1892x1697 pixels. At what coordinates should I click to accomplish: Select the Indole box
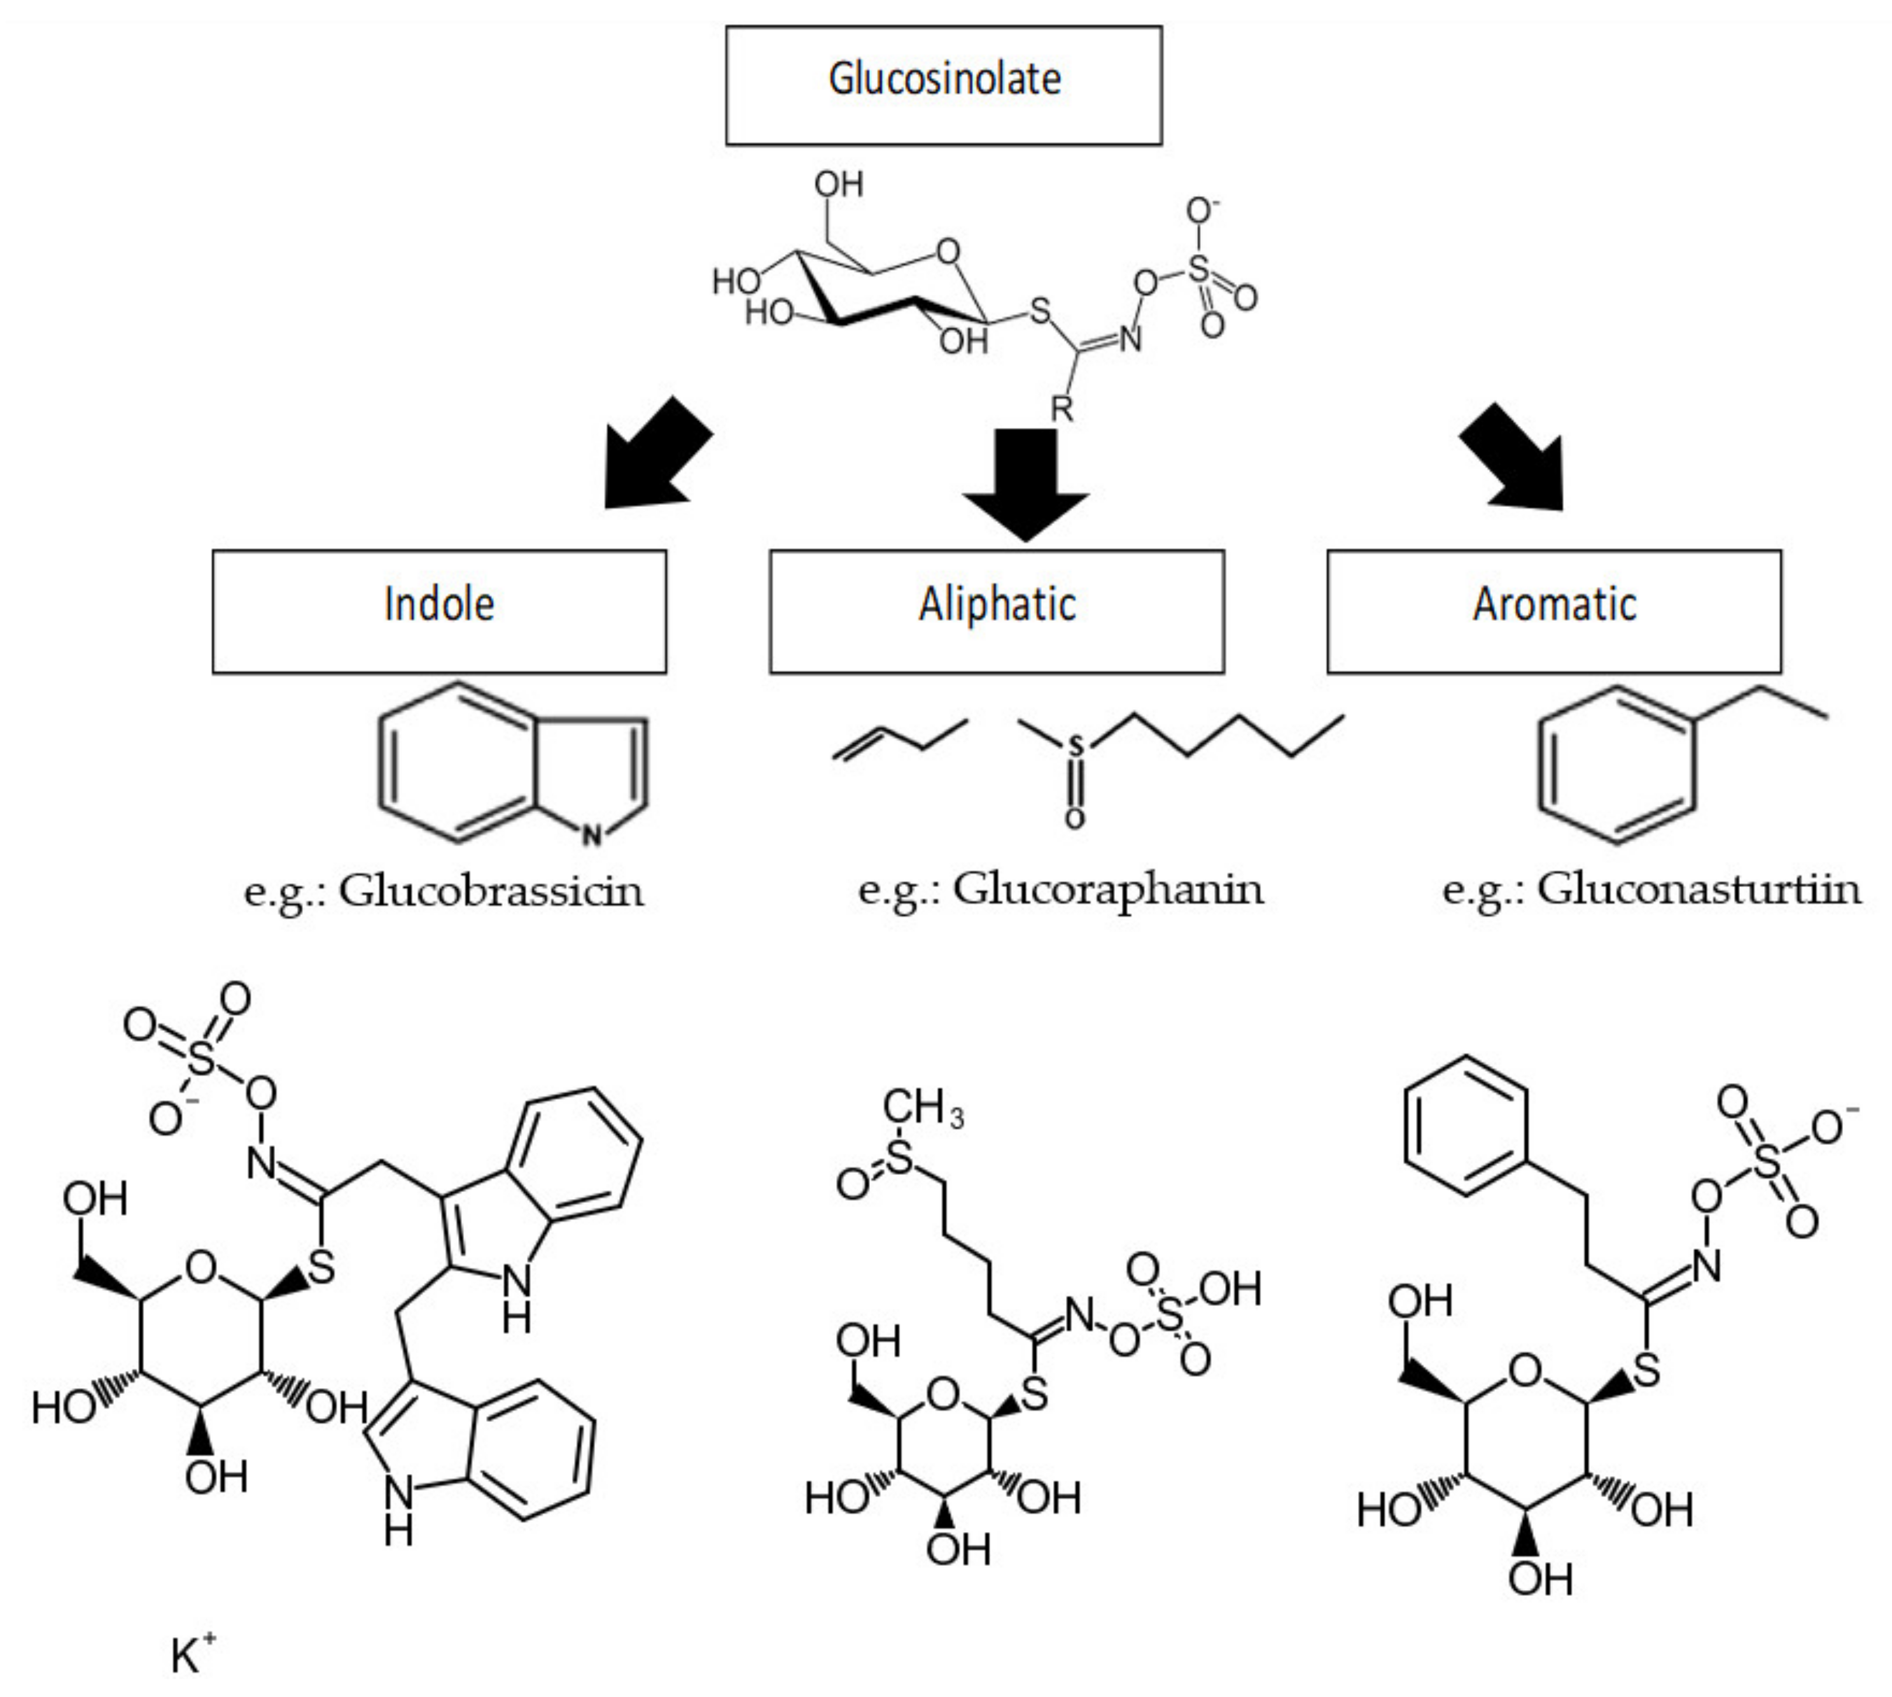click(439, 611)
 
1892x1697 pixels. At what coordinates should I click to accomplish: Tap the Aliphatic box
click(997, 611)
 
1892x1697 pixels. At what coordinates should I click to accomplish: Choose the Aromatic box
click(1553, 611)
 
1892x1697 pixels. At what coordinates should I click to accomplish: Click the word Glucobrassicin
click(491, 890)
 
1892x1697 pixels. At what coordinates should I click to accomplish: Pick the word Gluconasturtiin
click(1698, 888)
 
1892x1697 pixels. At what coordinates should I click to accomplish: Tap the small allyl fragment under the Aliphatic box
click(899, 739)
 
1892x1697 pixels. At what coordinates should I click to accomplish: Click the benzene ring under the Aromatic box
click(1615, 765)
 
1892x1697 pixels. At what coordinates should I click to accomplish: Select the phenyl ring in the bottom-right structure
click(1465, 1125)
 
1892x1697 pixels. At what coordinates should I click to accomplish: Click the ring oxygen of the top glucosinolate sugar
click(948, 252)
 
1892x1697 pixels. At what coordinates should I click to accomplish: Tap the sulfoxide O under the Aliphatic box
click(1075, 819)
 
